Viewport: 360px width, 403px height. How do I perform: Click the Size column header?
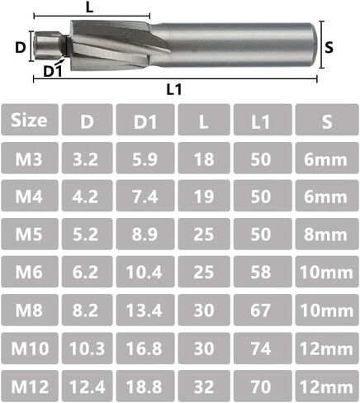(29, 121)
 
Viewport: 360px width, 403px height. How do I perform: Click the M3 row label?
(29, 159)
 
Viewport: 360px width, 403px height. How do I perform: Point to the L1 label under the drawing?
(173, 89)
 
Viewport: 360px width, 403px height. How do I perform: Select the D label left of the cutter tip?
(20, 48)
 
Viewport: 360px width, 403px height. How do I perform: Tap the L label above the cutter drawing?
(88, 7)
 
